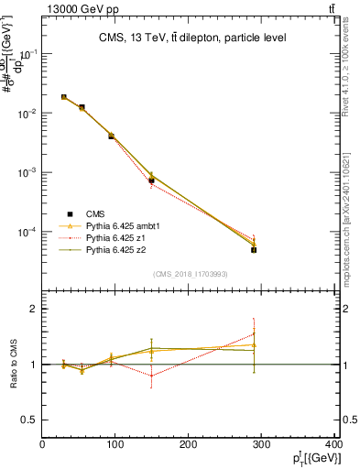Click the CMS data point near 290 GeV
click(254, 249)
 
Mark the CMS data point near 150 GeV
click(151, 180)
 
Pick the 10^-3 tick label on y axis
click(27, 172)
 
